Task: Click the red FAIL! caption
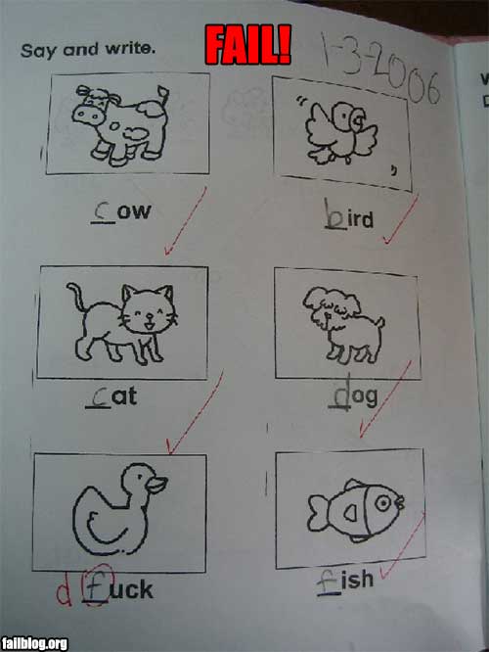247,44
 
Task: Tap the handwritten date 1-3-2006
379,70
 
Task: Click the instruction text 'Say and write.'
88,50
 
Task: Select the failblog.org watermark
34,643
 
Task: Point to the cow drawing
120,123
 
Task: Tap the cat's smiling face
149,309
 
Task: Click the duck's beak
156,485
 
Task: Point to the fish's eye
382,503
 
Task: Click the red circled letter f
96,584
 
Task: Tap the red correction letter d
64,591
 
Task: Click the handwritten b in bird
334,213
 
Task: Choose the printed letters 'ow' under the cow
133,211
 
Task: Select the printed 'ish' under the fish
357,579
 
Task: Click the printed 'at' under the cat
124,396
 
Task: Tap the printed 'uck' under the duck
132,589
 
